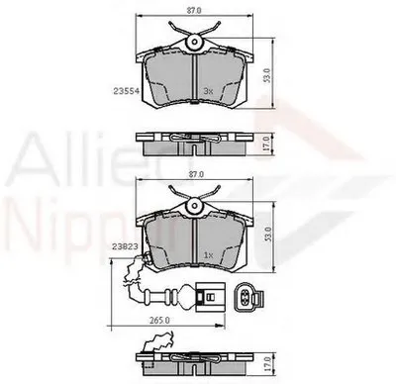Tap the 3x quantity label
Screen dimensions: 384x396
209,90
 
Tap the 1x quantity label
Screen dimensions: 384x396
209,255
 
